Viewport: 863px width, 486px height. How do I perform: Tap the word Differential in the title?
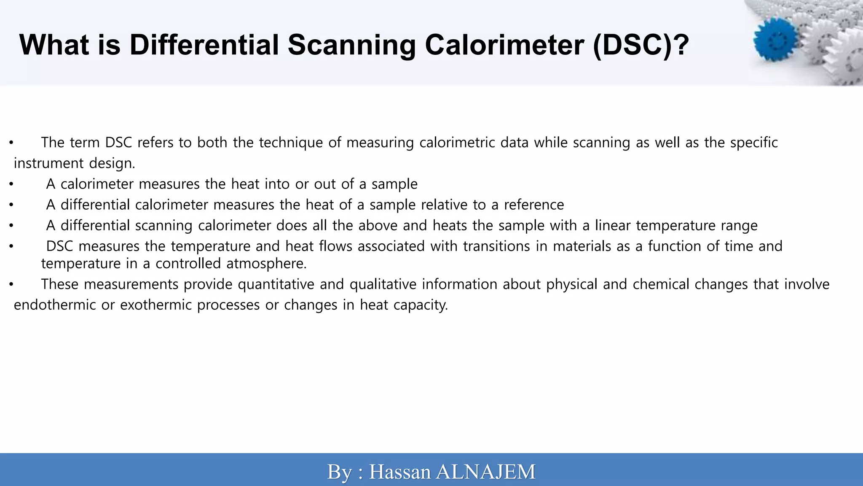(x=204, y=45)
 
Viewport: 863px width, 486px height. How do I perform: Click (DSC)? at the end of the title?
(x=641, y=45)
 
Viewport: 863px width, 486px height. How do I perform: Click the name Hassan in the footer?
(x=400, y=472)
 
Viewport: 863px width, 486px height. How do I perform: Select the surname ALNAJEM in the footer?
(x=485, y=472)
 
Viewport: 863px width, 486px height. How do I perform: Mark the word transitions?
(x=496, y=246)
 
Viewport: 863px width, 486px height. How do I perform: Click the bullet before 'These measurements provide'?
(x=11, y=284)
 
